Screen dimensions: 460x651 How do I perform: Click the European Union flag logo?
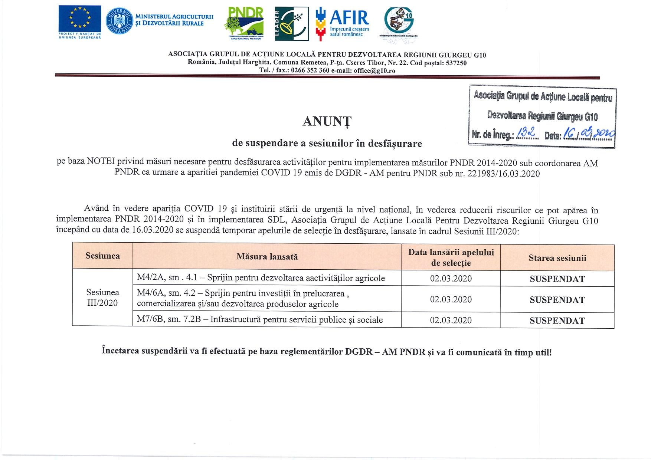tap(79, 19)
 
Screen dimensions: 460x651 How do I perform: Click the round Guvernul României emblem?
tap(119, 21)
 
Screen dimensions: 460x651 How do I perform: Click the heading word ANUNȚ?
tap(327, 121)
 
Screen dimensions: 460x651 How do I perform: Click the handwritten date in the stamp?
tap(589, 133)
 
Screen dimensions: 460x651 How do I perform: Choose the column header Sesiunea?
tap(102, 256)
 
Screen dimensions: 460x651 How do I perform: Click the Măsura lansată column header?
tap(267, 256)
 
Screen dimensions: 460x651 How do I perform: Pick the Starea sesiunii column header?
tap(557, 258)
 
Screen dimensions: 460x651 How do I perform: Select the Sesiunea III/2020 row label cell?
tap(102, 298)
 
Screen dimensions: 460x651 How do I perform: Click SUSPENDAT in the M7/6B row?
tap(557, 321)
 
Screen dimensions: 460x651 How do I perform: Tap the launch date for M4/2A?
tap(451, 278)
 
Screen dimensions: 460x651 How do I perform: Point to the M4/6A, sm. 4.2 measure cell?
tap(243, 299)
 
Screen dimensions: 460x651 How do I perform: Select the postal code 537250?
tap(456, 63)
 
